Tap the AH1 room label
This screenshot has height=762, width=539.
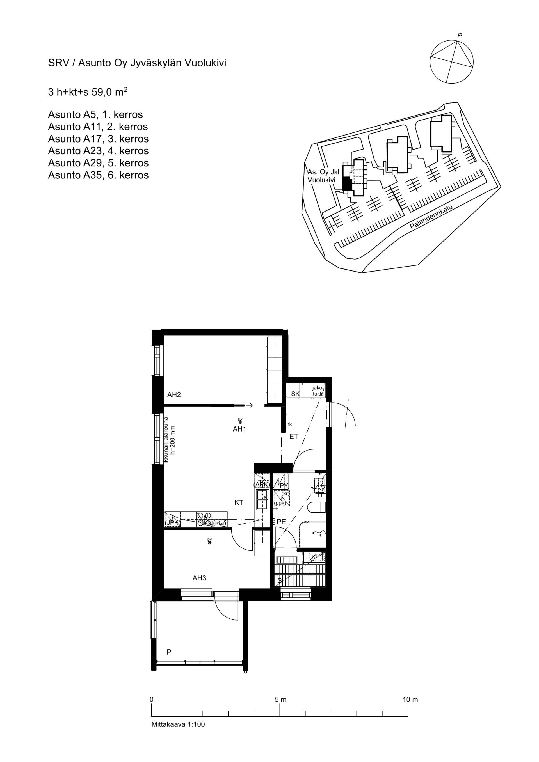239,429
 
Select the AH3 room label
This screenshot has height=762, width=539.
199,578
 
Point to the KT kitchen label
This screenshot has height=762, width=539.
239,502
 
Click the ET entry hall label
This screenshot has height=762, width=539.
294,437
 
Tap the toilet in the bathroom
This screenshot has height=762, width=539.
317,508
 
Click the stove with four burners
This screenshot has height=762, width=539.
204,520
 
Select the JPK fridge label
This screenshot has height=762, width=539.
172,523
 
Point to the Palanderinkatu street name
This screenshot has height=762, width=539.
431,217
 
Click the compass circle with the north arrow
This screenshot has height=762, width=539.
452,62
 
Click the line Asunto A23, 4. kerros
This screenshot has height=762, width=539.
98,151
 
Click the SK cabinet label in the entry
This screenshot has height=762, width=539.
295,394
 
